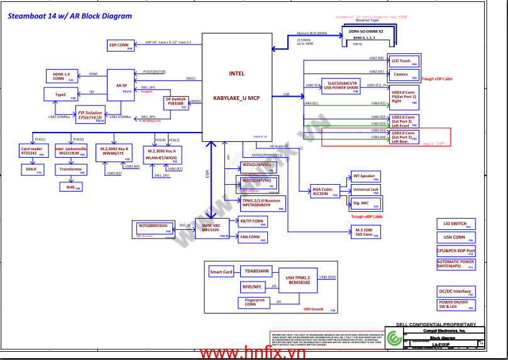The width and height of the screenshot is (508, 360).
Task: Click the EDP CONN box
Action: pyautogui.click(x=120, y=45)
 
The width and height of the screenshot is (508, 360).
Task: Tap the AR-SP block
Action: pyautogui.click(x=121, y=85)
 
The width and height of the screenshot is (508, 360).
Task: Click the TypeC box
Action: pyautogui.click(x=60, y=95)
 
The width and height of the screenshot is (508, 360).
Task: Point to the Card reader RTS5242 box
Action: pyautogui.click(x=33, y=151)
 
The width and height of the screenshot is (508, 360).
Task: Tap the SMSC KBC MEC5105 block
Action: pyautogui.click(x=212, y=227)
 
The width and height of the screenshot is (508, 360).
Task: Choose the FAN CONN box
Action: pyautogui.click(x=251, y=237)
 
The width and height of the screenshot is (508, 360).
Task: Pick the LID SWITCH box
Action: pyautogui.click(x=456, y=224)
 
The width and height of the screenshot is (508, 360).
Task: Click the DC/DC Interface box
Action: pyautogui.click(x=456, y=292)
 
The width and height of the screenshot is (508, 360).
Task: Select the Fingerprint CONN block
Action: pyautogui.click(x=255, y=303)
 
